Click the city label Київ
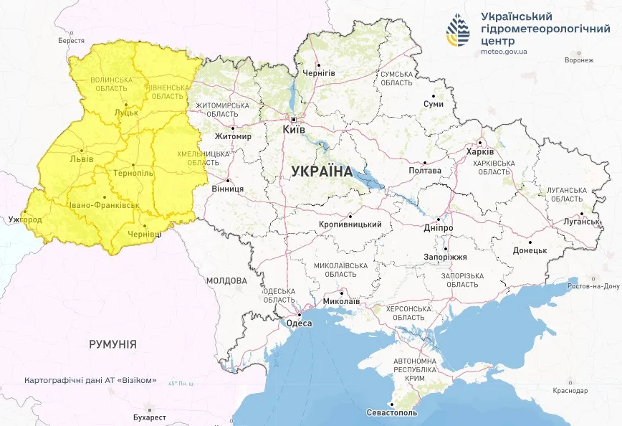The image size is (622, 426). [x=294, y=130]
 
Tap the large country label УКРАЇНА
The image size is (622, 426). [x=322, y=171]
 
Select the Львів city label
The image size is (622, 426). [x=81, y=158]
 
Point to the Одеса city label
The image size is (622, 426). [x=299, y=323]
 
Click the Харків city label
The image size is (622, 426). [x=479, y=152]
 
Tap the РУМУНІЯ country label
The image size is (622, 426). [x=113, y=344]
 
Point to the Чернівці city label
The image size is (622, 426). [x=144, y=235]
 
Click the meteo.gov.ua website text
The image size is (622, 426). [x=504, y=52]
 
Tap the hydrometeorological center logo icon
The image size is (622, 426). [x=458, y=31]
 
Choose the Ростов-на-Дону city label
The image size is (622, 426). [x=593, y=286]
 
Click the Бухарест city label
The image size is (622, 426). [x=150, y=417]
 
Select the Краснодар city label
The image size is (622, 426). [x=570, y=391]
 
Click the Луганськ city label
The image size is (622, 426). [x=581, y=222]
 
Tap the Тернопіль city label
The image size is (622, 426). [x=133, y=174]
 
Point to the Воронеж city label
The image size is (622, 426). [x=579, y=60]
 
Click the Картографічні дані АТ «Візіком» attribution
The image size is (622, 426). [x=90, y=380]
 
